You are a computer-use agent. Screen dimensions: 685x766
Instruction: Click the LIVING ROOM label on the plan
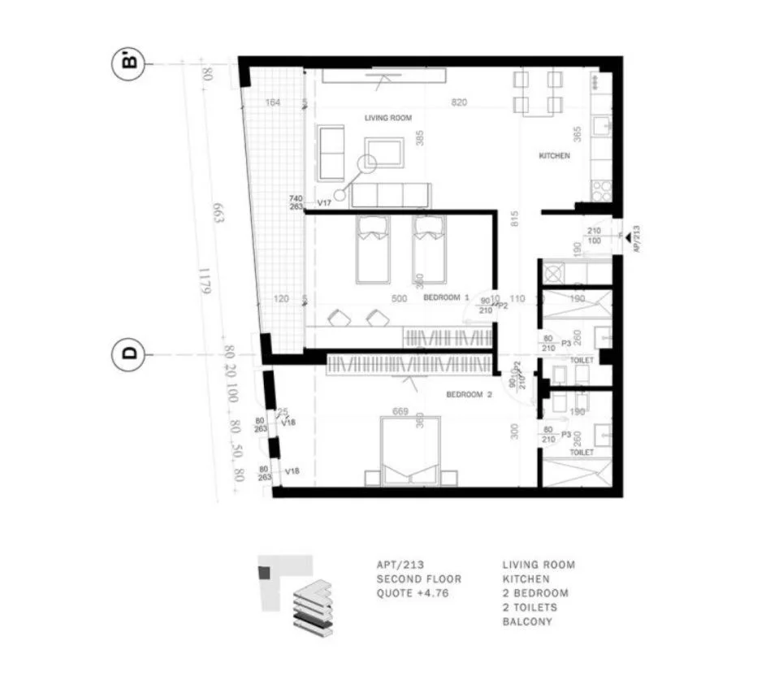click(x=388, y=119)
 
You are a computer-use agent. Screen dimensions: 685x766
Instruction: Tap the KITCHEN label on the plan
click(x=556, y=155)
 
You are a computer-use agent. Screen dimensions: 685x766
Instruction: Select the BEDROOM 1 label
click(x=447, y=299)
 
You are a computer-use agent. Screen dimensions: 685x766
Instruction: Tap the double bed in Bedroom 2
click(x=409, y=450)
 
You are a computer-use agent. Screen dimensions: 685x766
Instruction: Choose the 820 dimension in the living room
click(x=460, y=102)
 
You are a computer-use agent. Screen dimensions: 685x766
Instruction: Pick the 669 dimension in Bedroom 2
click(x=400, y=412)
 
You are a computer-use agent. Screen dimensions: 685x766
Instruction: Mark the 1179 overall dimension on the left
click(x=205, y=287)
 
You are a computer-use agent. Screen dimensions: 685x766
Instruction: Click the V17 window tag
click(x=324, y=202)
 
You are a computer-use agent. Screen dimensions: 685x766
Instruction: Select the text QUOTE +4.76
click(x=412, y=594)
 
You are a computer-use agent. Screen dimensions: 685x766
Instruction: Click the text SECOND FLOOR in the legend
click(x=418, y=579)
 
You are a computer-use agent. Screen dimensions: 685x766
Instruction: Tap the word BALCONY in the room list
click(x=526, y=622)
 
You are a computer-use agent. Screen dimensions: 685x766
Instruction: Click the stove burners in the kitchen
click(x=602, y=190)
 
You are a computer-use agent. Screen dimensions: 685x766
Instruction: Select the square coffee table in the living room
click(x=384, y=152)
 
